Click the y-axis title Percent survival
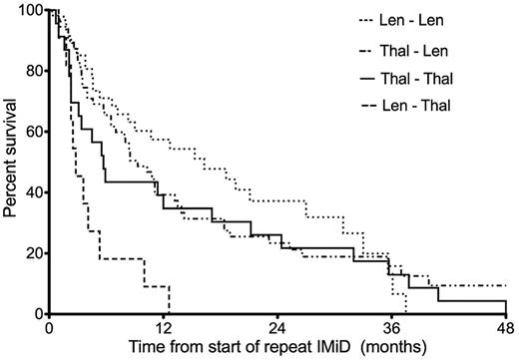11,162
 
